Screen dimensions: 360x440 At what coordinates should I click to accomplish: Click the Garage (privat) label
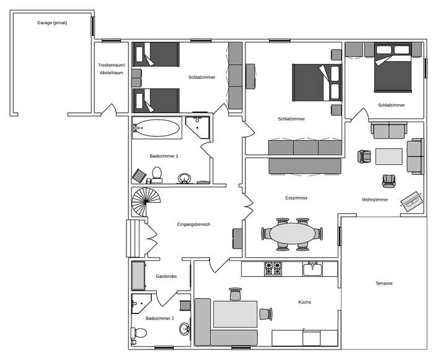(52, 23)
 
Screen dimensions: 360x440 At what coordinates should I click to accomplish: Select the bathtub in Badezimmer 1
(157, 129)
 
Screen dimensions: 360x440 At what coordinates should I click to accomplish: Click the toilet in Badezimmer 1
(157, 174)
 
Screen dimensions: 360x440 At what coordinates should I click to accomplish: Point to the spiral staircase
(146, 203)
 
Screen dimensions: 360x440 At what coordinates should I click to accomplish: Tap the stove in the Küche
(273, 268)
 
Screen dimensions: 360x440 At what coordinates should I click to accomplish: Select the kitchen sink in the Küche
(311, 269)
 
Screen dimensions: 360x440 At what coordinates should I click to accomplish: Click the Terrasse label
(384, 283)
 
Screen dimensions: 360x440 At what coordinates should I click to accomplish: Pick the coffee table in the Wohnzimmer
(389, 156)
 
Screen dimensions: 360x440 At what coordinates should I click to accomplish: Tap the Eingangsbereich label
(193, 224)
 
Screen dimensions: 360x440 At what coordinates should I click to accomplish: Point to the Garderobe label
(167, 276)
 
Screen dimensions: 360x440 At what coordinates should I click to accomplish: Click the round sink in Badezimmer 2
(185, 330)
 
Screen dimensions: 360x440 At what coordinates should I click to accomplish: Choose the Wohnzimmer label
(375, 200)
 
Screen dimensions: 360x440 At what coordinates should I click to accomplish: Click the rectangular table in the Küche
(235, 314)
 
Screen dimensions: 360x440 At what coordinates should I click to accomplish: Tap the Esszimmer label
(296, 198)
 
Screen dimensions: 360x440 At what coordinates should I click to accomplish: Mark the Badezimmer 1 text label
(164, 156)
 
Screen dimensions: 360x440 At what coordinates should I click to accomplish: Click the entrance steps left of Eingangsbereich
(135, 238)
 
